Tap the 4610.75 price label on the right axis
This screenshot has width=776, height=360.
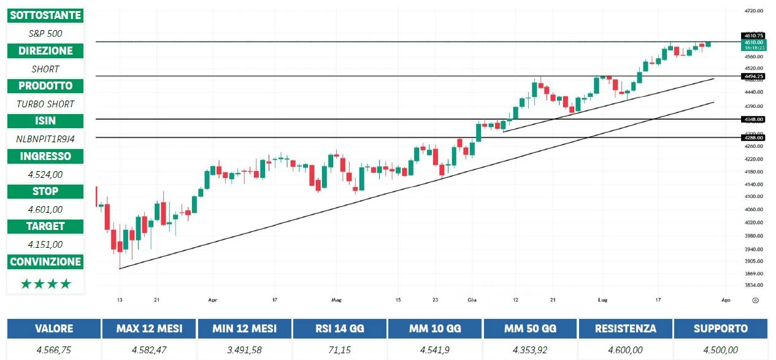[753, 36]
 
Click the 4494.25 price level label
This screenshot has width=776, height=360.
[753, 76]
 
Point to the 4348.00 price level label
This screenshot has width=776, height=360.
[753, 119]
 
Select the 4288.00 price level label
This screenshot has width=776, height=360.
[753, 137]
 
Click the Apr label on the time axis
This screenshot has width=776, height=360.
[213, 300]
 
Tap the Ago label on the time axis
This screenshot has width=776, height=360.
[726, 300]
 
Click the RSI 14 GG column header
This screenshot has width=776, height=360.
[340, 329]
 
